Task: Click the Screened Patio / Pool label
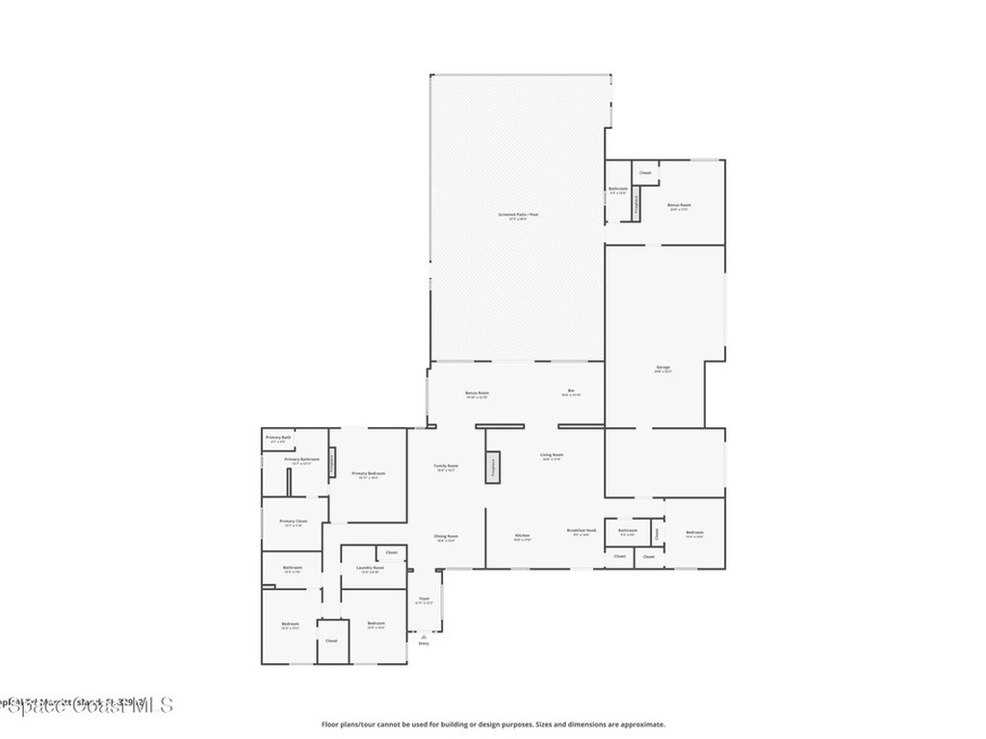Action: click(518, 216)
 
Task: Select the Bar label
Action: click(571, 392)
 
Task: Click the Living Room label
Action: click(553, 456)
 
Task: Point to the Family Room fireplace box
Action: click(493, 466)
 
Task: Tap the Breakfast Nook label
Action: click(582, 531)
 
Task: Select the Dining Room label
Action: click(447, 538)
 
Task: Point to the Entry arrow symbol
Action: click(424, 636)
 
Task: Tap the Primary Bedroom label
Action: click(369, 474)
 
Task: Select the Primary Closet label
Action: click(295, 522)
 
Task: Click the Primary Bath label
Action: click(279, 439)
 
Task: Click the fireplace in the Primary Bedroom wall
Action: click(333, 463)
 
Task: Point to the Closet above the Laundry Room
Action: click(392, 552)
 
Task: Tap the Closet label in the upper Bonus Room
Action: click(645, 173)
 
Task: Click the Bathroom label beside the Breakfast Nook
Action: click(628, 531)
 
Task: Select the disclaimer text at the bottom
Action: click(492, 725)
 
